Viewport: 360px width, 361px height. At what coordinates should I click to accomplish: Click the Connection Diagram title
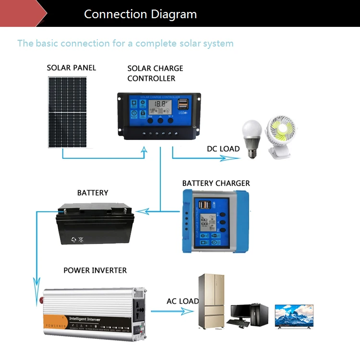click(140, 14)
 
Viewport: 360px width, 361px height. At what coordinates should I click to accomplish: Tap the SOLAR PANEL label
click(71, 68)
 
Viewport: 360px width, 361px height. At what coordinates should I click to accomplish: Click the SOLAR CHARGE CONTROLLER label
click(155, 73)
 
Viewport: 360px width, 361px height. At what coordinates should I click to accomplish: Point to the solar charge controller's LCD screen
click(158, 107)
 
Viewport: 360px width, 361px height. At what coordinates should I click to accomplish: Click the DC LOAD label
click(223, 149)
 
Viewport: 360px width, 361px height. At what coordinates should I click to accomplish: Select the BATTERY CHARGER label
click(216, 183)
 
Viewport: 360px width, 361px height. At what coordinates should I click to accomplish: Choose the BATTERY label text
click(93, 193)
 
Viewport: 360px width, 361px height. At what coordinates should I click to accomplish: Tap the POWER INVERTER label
click(95, 270)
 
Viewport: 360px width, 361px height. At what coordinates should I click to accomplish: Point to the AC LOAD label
click(182, 301)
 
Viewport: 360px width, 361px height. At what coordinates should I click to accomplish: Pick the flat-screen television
click(294, 317)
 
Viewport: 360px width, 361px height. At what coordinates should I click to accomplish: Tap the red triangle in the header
click(22, 13)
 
